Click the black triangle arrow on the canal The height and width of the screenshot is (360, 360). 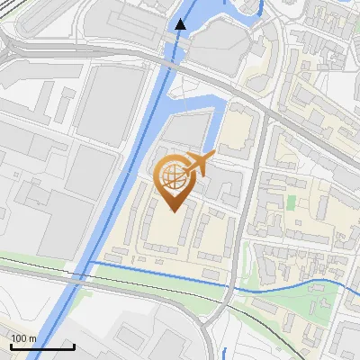(x=181, y=23)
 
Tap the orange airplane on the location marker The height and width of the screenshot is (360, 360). (x=196, y=166)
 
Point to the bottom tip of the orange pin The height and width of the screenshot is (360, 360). (x=172, y=211)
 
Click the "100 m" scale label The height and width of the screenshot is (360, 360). (x=24, y=338)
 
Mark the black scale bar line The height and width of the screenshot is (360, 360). (x=42, y=346)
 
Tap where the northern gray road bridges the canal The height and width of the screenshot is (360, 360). (x=166, y=62)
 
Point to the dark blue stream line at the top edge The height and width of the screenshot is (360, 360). (x=261, y=9)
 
